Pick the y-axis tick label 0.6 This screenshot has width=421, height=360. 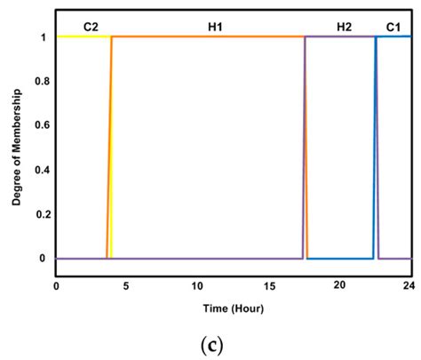pos(36,125)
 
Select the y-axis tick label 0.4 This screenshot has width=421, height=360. pos(36,170)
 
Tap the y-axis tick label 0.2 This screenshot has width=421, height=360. pos(36,214)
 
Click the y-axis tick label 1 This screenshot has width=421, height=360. pos(41,37)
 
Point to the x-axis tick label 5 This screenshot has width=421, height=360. pos(126,286)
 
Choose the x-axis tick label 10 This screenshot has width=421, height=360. pos(196,286)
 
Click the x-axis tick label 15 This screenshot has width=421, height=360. pos(267,286)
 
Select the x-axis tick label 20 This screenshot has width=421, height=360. pos(339,286)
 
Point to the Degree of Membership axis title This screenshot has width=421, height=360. pos(17,148)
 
